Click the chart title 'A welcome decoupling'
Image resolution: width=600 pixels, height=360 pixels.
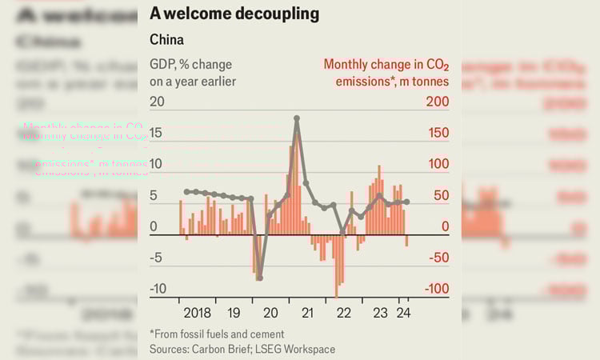pos(234,14)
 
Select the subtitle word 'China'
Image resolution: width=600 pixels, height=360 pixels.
pos(167,39)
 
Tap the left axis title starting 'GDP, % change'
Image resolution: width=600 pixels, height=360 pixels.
pos(193,72)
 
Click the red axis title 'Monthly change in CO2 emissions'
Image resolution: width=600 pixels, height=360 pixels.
pos(386,72)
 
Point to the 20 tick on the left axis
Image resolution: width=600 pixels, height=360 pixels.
pos(157,102)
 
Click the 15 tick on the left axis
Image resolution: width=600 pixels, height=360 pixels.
pos(158,133)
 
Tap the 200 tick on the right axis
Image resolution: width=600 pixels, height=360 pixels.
pos(437,102)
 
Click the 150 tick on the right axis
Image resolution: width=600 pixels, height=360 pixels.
pos(437,133)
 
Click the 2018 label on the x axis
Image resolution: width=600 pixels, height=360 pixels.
pos(197,313)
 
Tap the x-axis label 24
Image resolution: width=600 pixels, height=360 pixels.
pos(404,313)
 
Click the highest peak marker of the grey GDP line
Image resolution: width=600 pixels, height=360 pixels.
pos(297,118)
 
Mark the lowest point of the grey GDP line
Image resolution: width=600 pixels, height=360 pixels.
pos(259,278)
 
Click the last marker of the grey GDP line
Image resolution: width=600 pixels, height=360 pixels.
pos(407,202)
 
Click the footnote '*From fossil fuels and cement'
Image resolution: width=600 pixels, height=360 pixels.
pos(217,334)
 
